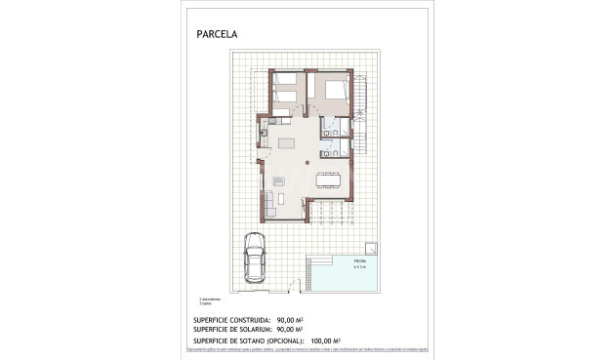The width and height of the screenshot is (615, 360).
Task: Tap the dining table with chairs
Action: click(328, 180)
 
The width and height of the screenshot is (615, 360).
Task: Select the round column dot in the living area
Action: click(310, 157)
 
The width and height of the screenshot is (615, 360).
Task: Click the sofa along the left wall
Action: click(266, 204)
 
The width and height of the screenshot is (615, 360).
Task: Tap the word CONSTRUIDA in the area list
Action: click(238, 320)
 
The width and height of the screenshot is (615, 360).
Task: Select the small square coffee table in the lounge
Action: click(277, 182)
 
